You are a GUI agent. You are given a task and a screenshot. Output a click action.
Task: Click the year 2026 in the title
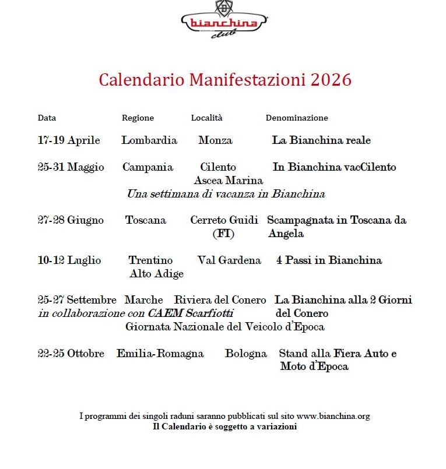(331, 80)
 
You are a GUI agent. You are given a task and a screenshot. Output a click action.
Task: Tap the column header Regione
(138, 118)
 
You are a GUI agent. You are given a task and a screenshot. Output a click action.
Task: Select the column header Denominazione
(297, 118)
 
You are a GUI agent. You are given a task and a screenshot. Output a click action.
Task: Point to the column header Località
(206, 118)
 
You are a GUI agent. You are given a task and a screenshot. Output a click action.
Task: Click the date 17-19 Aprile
(69, 140)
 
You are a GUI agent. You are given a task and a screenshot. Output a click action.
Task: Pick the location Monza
(215, 140)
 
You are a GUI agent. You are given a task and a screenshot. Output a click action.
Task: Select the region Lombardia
(149, 140)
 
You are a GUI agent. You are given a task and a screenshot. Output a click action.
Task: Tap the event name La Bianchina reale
(321, 140)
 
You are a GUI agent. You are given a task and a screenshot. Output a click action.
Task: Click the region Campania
(148, 167)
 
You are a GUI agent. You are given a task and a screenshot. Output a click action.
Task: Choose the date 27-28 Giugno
(71, 220)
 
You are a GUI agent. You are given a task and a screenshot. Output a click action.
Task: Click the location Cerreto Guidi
(224, 220)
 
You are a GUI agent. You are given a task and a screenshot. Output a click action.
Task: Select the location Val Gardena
(229, 260)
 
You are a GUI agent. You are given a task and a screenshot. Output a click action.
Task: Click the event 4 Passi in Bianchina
(329, 260)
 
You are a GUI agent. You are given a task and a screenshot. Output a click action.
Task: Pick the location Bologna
(246, 354)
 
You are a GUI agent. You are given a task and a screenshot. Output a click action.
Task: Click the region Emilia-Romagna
(160, 354)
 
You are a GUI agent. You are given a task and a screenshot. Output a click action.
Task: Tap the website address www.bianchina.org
(333, 417)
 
